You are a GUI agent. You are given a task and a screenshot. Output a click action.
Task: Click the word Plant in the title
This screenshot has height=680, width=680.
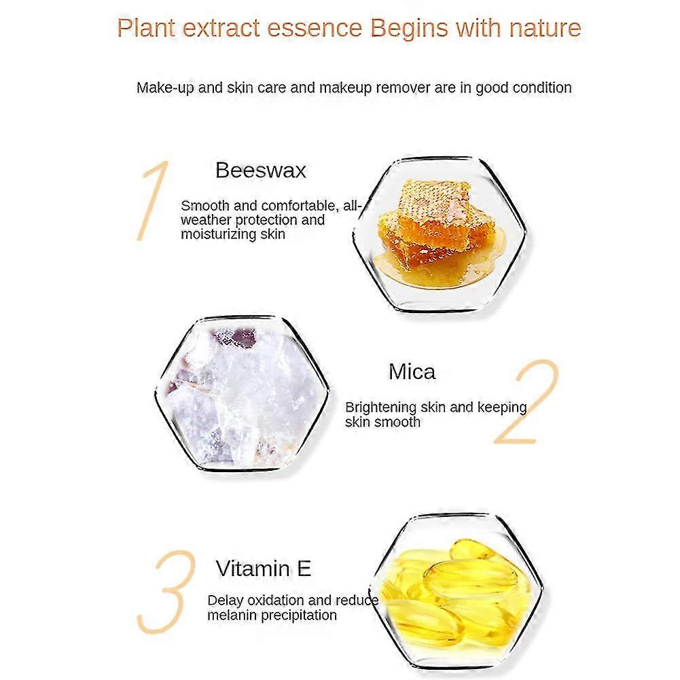[145, 28]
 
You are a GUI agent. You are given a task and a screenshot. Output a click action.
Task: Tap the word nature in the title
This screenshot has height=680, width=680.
[545, 29]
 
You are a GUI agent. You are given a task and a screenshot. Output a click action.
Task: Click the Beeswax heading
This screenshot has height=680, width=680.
[261, 170]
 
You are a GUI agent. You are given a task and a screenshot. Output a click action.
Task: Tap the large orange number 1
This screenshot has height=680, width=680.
[152, 200]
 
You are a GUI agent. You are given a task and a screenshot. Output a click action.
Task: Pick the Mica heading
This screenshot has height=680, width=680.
[412, 372]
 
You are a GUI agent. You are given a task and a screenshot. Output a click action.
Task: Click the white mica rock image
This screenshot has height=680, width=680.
[242, 394]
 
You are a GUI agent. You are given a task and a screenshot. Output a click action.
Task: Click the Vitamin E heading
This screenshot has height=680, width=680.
[264, 569]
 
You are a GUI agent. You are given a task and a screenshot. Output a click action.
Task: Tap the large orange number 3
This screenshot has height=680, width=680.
[166, 592]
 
